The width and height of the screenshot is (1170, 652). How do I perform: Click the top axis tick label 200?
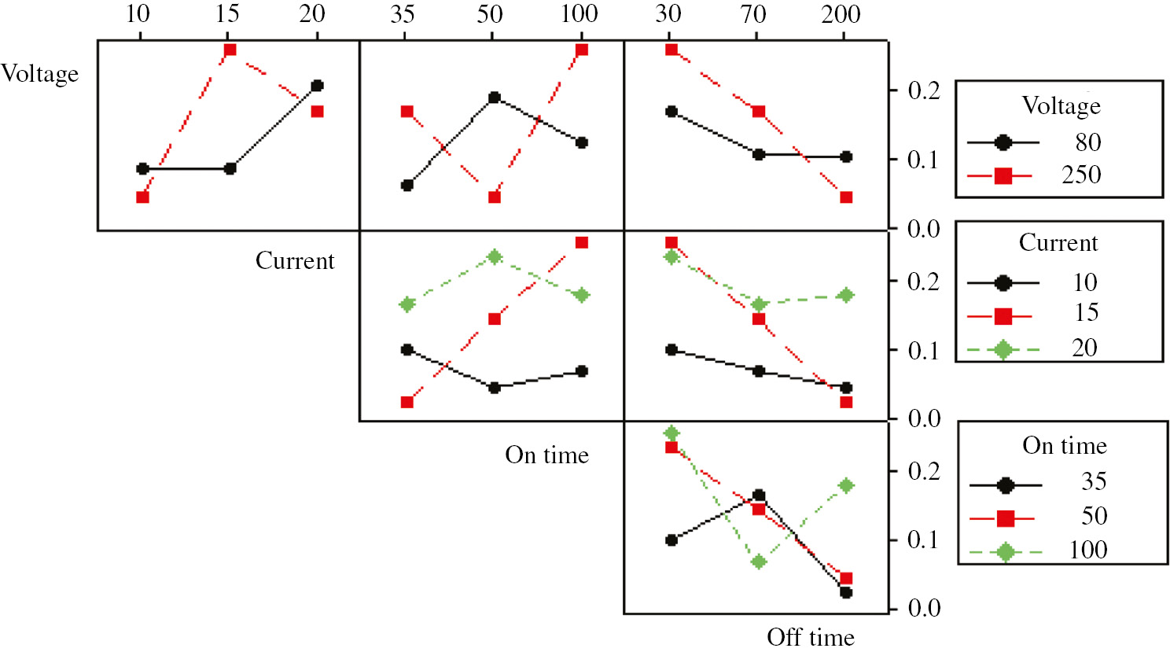click(x=841, y=14)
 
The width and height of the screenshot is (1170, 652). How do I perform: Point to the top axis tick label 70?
click(x=753, y=14)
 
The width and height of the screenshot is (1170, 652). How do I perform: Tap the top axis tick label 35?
click(x=402, y=14)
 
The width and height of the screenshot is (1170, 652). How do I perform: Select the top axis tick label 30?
click(x=668, y=14)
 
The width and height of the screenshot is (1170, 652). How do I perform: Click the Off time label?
click(x=810, y=636)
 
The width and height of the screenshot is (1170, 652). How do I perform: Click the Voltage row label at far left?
click(x=40, y=74)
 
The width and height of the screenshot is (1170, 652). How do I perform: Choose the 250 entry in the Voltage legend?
click(x=1081, y=175)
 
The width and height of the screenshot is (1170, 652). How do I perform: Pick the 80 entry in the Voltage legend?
click(x=1088, y=142)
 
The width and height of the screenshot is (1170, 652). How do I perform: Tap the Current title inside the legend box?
click(x=1058, y=242)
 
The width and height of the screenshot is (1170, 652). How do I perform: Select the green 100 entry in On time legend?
click(x=1088, y=551)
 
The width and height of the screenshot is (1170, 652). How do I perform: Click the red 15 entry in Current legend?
click(x=1086, y=313)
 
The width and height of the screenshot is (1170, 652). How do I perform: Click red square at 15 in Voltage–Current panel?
click(x=230, y=50)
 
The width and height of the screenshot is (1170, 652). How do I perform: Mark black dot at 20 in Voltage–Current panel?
click(x=317, y=86)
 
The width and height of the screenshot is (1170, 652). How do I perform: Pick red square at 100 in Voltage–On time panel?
click(x=582, y=50)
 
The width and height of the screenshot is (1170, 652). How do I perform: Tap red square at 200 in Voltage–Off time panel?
click(x=846, y=197)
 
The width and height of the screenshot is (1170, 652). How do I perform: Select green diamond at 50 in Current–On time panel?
click(x=495, y=257)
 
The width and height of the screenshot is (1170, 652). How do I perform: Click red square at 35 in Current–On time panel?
click(x=407, y=402)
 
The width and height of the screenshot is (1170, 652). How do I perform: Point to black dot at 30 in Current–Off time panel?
click(x=671, y=349)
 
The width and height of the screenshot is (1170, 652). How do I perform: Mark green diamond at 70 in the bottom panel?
click(x=759, y=562)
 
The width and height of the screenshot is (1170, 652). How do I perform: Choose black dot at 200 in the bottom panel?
click(x=846, y=592)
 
